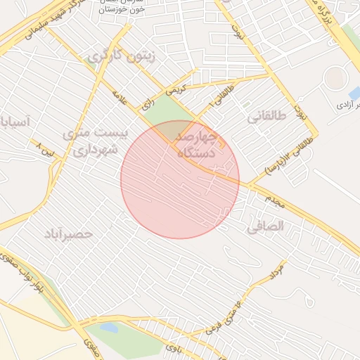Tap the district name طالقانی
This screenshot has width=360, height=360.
tap(267, 118)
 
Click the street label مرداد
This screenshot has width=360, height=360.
tap(277, 271)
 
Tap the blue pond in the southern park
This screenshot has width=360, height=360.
tap(108, 328)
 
